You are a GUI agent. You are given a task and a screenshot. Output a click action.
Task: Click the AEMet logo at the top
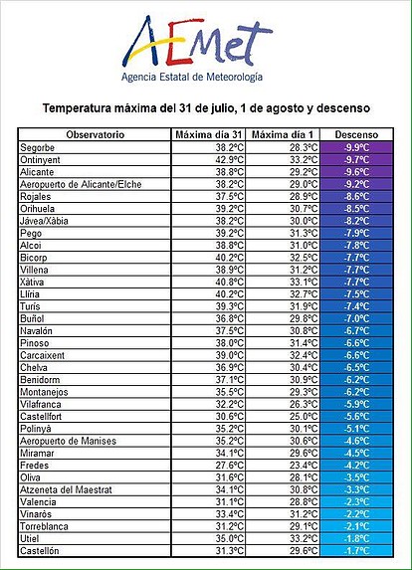197,42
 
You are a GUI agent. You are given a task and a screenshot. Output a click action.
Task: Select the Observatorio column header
95,135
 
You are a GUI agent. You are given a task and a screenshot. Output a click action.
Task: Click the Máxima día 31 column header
208,135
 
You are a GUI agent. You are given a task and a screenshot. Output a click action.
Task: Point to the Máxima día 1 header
283,135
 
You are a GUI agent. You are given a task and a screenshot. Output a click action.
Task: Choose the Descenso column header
356,135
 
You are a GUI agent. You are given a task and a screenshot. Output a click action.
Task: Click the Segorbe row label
37,147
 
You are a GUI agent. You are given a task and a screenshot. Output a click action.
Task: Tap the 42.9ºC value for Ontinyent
230,160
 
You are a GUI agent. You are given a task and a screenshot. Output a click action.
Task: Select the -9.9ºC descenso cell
356,147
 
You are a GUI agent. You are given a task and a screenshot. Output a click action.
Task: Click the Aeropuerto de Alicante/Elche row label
81,184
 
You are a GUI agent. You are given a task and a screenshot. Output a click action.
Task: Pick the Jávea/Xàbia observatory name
44,221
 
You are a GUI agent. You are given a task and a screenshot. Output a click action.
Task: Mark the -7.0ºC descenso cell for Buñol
356,318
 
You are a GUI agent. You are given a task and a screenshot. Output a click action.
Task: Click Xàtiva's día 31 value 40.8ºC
230,283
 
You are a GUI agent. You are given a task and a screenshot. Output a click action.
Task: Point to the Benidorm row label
40,380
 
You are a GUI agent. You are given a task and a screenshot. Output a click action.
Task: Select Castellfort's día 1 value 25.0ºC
304,417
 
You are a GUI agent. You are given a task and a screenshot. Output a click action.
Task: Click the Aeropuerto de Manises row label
68,441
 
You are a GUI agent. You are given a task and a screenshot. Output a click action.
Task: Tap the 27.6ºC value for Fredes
230,466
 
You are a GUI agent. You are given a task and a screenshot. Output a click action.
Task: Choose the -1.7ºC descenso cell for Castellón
356,551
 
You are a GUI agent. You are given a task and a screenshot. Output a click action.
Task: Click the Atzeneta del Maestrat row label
66,489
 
